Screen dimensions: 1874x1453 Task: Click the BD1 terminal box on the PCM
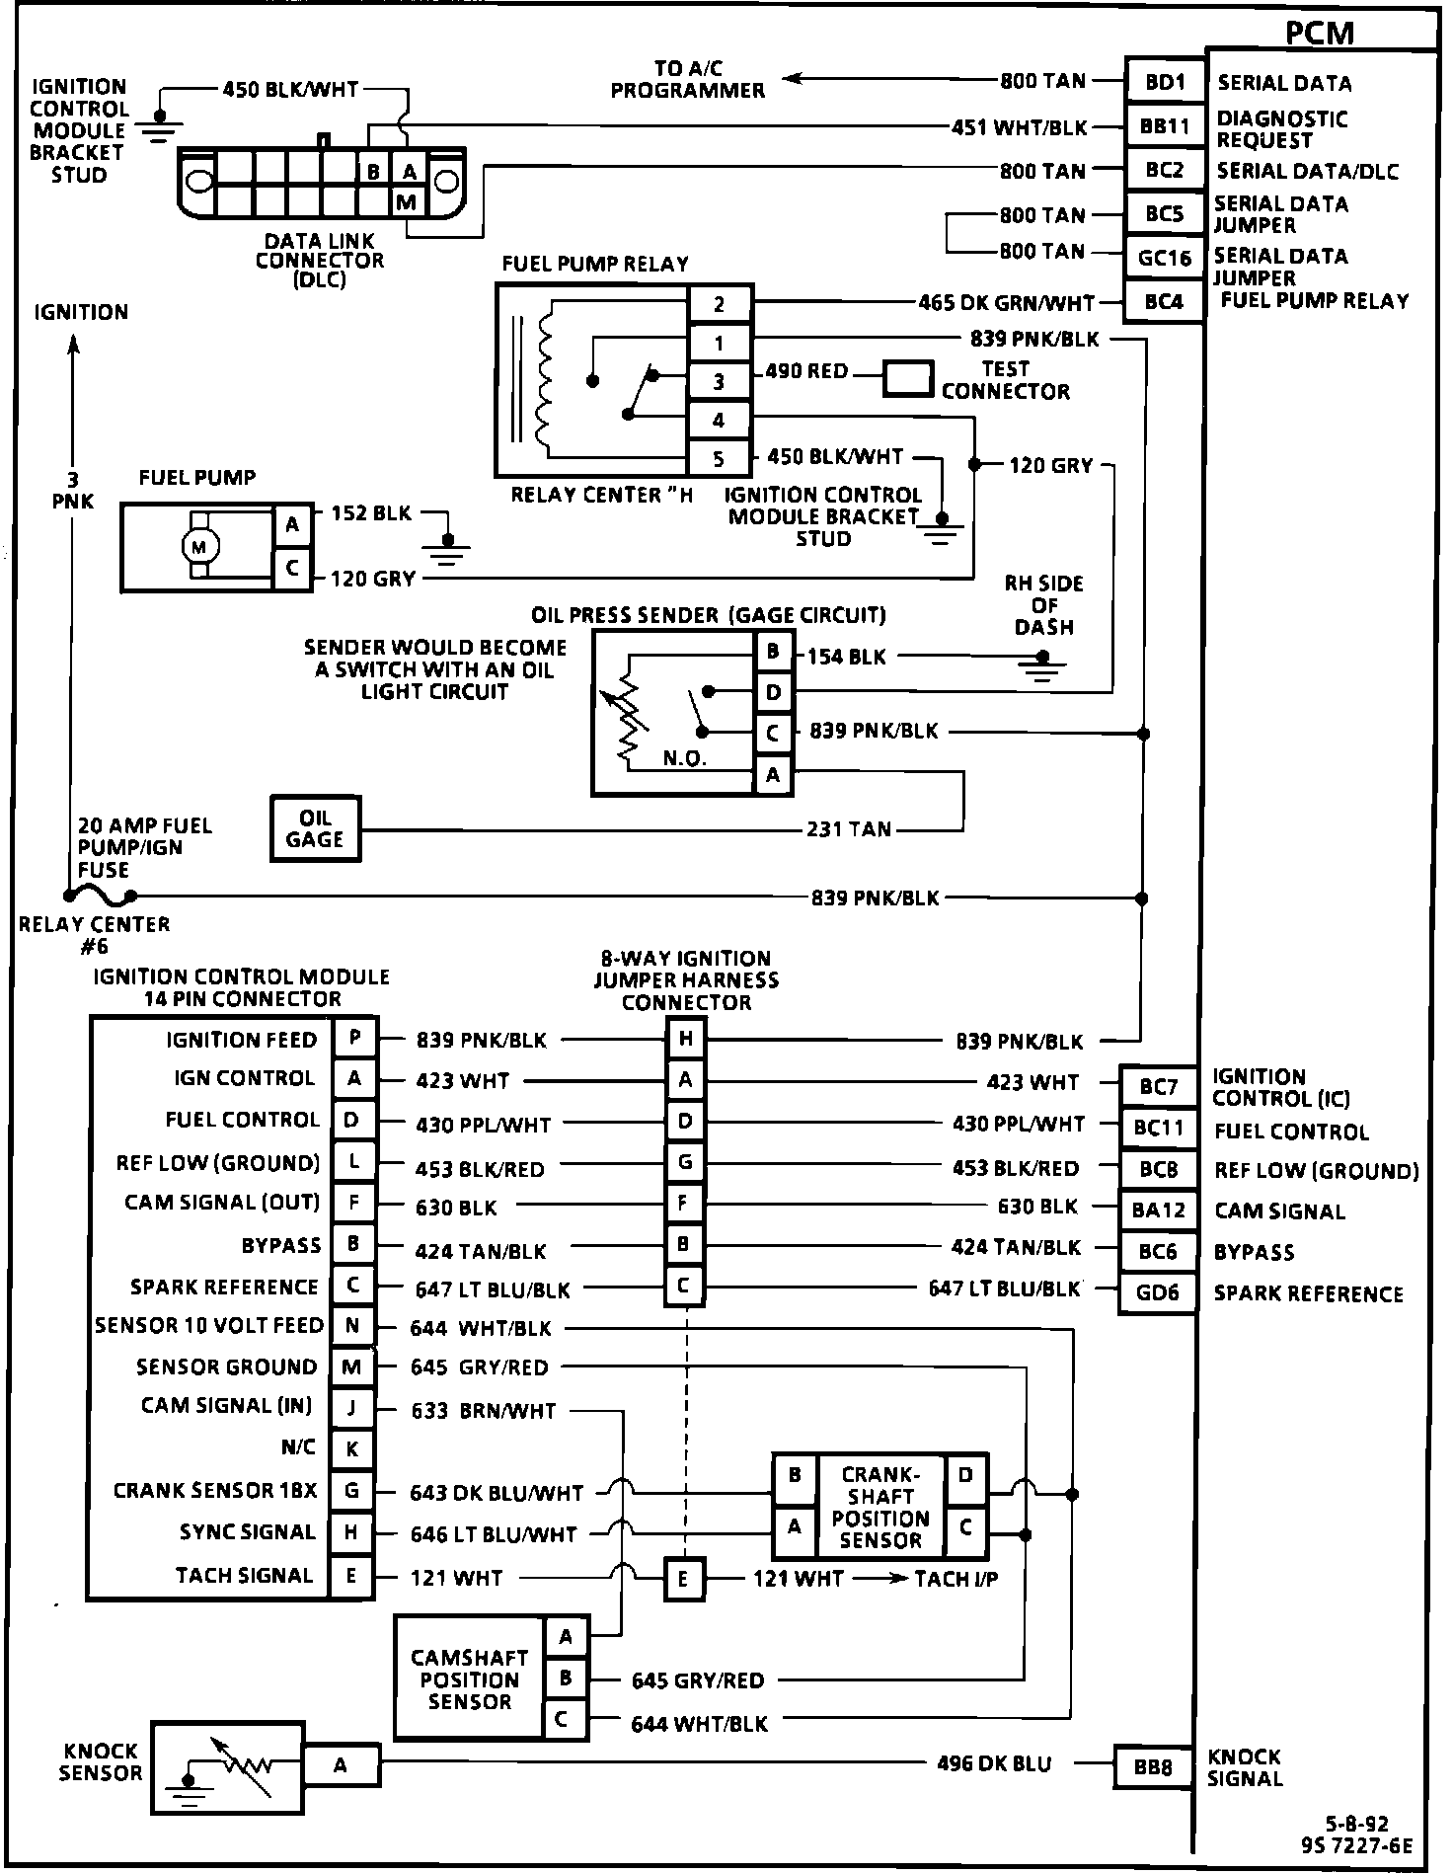pos(1165,82)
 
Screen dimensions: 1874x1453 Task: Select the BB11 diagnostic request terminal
pos(1165,126)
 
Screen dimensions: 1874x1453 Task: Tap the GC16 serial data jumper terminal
pos(1165,259)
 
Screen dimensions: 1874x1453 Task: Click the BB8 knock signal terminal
pos(1152,1766)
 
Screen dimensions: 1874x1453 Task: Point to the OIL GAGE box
pos(315,829)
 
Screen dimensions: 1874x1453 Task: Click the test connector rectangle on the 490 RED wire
pos(907,379)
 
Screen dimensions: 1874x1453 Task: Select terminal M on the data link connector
pos(407,202)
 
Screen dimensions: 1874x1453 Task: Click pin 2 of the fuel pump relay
pos(719,304)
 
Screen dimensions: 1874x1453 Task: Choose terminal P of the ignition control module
pos(354,1039)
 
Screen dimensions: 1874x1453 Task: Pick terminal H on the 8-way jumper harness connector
pos(685,1039)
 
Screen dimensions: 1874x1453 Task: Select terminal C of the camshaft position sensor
pos(564,1719)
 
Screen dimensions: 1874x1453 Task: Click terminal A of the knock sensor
pos(341,1764)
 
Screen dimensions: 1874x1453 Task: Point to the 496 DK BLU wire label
pos(993,1763)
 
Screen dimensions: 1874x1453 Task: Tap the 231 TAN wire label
pos(849,829)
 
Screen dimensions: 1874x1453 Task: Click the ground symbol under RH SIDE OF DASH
pos(1043,670)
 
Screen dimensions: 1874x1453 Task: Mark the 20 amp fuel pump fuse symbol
pos(100,895)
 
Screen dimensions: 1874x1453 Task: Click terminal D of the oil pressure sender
pos(773,692)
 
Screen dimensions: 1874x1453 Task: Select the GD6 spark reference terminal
pos(1157,1292)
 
